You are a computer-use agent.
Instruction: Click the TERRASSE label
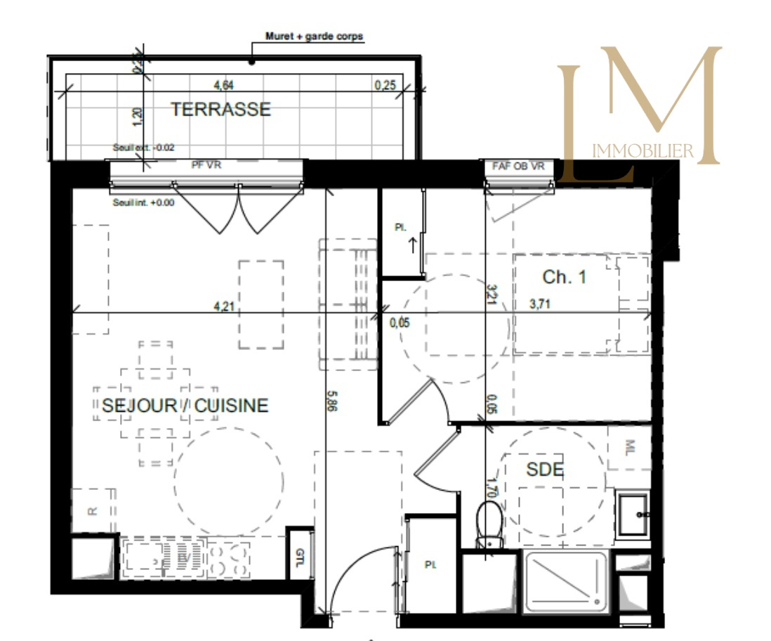221,110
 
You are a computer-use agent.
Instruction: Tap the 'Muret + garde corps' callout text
315,37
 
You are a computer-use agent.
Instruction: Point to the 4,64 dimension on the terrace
223,86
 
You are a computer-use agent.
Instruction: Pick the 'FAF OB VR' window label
518,166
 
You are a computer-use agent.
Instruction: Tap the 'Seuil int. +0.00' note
143,202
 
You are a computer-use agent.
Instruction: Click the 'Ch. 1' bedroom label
564,277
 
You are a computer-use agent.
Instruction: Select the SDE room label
545,470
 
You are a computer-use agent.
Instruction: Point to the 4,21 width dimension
223,306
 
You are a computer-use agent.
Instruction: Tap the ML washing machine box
630,447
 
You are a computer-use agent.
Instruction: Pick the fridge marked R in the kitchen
92,511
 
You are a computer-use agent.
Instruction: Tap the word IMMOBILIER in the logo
643,150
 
